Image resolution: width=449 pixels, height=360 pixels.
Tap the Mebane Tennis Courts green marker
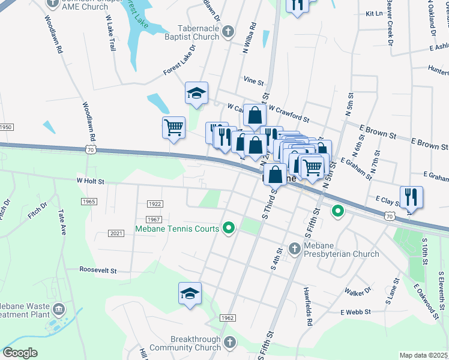click(x=228, y=228)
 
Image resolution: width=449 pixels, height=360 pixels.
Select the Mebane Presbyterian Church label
click(x=340, y=249)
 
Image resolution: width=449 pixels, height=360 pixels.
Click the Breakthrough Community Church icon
click(x=229, y=343)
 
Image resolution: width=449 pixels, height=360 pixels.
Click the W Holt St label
click(x=90, y=181)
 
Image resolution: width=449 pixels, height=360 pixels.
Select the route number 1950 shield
click(x=5, y=127)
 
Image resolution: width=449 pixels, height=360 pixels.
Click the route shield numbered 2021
click(x=116, y=233)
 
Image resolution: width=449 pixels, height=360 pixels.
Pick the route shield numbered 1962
click(x=227, y=317)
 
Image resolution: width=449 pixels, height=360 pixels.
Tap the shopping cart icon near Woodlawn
click(x=173, y=127)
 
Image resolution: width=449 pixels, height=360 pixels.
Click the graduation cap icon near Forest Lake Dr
click(x=196, y=92)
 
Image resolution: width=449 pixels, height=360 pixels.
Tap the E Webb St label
click(x=356, y=312)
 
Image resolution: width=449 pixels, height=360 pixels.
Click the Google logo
click(x=20, y=353)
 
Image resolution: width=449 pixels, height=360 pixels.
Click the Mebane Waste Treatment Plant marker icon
click(x=59, y=310)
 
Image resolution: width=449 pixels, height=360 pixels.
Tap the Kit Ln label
click(x=374, y=13)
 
